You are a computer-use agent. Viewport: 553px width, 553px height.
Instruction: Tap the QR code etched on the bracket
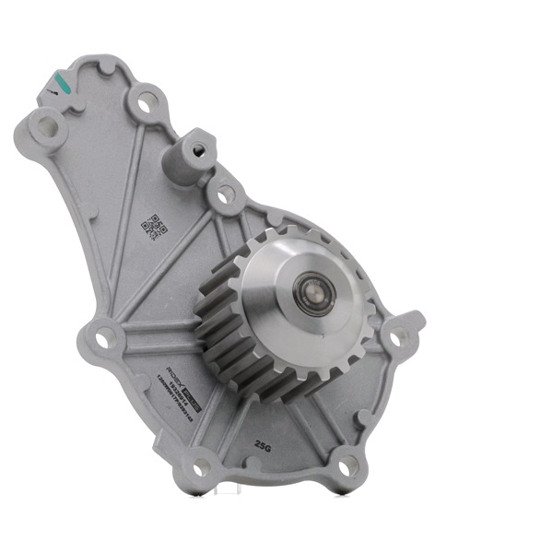[154, 227]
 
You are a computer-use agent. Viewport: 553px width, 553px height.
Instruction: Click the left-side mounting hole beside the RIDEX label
[104, 338]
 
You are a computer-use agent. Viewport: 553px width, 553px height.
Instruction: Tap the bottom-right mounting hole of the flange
[348, 468]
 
